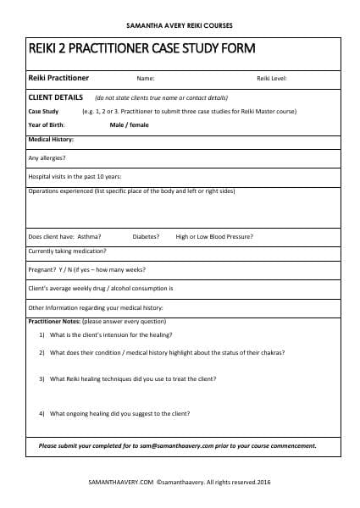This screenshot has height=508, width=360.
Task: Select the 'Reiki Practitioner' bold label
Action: click(x=58, y=79)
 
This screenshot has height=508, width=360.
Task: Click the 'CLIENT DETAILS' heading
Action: click(x=56, y=97)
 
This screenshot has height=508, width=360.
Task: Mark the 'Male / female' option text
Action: click(x=128, y=124)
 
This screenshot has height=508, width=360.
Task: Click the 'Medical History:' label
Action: click(x=51, y=139)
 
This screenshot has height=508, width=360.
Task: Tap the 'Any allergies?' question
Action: click(x=47, y=157)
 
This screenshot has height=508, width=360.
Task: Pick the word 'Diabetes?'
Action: click(x=145, y=236)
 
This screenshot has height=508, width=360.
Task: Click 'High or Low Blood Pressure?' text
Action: click(x=214, y=236)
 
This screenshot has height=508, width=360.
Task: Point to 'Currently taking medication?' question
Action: click(x=68, y=251)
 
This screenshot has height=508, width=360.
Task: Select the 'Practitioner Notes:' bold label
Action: click(x=55, y=322)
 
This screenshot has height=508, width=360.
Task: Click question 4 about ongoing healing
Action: click(x=119, y=413)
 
